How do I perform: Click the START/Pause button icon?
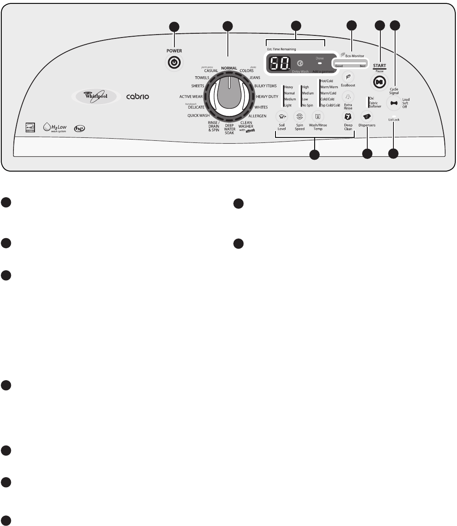379,82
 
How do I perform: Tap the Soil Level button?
281,116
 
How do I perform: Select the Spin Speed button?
299,116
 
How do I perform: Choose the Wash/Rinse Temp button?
318,116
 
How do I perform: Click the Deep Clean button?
348,116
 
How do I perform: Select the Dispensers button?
366,116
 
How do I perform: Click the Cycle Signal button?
394,103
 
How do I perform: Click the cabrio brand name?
137,97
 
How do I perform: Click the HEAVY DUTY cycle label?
267,97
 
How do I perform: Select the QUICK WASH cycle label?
198,115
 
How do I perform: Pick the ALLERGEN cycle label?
257,116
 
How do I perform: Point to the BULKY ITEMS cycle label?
265,86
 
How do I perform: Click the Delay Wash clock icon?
300,64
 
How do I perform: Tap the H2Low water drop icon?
47,126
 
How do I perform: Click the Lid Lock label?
394,120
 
